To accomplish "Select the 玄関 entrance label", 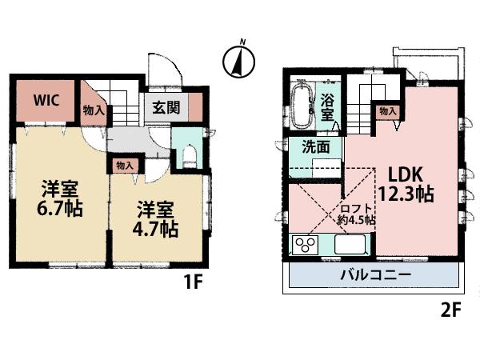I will [165, 106].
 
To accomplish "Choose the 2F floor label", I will [451, 309].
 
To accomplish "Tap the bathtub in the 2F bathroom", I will [302, 106].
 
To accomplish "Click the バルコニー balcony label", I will [376, 276].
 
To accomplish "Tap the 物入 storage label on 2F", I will [387, 112].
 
